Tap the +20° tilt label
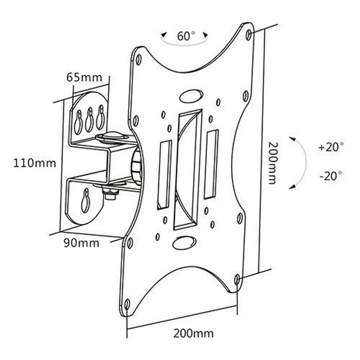pyautogui.click(x=331, y=147)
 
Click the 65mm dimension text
pyautogui.click(x=84, y=77)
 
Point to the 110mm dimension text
pyautogui.click(x=35, y=163)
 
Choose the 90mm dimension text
pyautogui.click(x=81, y=243)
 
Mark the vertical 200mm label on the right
pyautogui.click(x=273, y=163)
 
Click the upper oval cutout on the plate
pyautogui.click(x=191, y=95)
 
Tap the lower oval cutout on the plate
pyautogui.click(x=184, y=243)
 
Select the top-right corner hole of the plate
pyautogui.click(x=248, y=35)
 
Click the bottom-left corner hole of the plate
pyautogui.click(x=127, y=303)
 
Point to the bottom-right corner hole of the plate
pyautogui.click(x=237, y=279)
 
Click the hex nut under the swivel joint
pyautogui.click(x=111, y=194)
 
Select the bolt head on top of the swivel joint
pyautogui.click(x=112, y=136)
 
